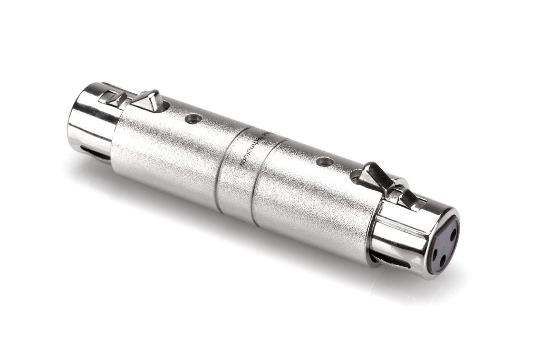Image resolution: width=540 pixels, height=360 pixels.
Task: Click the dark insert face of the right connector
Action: [x=443, y=245]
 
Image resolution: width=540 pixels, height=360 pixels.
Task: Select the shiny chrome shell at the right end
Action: [x=401, y=237]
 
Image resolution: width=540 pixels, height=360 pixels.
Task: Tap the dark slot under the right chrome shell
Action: [x=390, y=261]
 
